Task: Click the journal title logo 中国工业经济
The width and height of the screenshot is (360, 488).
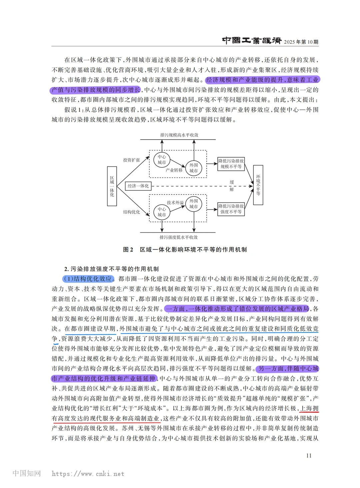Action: click(x=252, y=41)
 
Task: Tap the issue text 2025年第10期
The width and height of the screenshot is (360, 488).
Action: click(x=301, y=42)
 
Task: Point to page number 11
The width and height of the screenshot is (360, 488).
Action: click(x=309, y=456)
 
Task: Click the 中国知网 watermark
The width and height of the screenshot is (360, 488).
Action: click(x=27, y=473)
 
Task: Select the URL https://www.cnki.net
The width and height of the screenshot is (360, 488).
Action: click(x=88, y=474)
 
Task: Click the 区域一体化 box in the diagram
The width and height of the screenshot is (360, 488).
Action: click(x=112, y=186)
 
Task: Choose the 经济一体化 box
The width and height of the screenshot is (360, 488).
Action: click(x=138, y=186)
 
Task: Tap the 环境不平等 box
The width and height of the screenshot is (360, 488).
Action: click(x=258, y=185)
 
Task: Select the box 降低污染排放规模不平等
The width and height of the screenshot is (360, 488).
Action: click(x=231, y=164)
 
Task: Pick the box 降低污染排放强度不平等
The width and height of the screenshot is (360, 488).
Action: click(x=231, y=209)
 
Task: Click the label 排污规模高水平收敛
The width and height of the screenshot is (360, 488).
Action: click(x=179, y=135)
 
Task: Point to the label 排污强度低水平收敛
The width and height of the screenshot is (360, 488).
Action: click(x=178, y=237)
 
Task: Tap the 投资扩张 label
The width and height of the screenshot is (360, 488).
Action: click(x=131, y=160)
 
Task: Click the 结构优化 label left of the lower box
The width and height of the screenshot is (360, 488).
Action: click(x=131, y=212)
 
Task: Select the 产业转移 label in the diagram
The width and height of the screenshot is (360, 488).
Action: click(x=174, y=170)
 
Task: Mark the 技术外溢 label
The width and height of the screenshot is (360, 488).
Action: click(x=175, y=203)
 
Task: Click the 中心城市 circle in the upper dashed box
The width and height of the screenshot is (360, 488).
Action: click(x=162, y=160)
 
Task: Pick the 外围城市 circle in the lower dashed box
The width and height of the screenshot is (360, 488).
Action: click(x=194, y=204)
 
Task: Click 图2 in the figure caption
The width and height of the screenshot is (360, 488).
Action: click(x=128, y=249)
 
